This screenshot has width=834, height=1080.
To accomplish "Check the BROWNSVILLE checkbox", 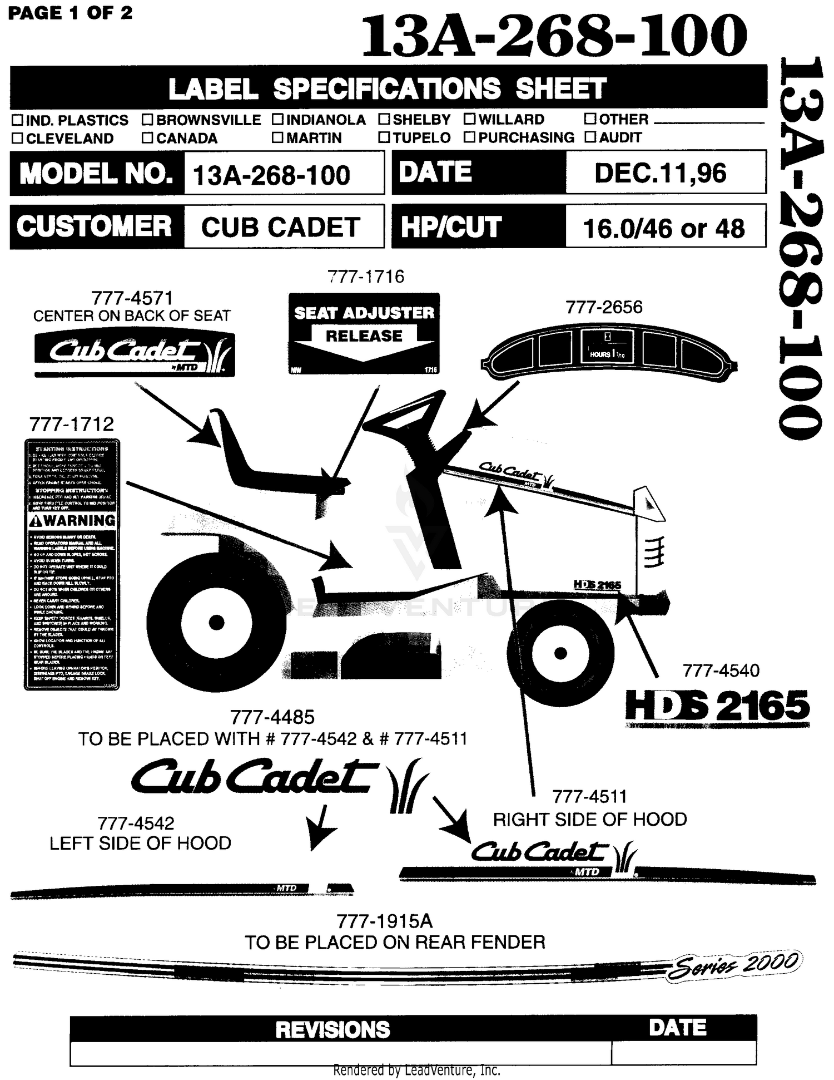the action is click(147, 120).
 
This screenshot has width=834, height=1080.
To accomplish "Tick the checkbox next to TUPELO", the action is click(384, 137).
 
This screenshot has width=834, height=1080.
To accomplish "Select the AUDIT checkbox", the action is click(590, 137).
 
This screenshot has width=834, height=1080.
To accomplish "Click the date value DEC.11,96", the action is click(660, 173).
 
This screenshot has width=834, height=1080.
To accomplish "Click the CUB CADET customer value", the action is click(281, 227).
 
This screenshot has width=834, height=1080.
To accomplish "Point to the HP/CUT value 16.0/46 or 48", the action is click(663, 228).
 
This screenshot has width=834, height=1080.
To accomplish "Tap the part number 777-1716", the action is click(365, 277).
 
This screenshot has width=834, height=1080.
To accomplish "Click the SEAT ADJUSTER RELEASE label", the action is click(364, 333).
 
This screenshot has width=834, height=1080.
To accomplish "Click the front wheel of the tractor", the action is click(561, 652).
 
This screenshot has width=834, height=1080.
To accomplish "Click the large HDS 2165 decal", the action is click(717, 706).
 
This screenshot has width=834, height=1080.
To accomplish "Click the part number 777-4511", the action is click(589, 797).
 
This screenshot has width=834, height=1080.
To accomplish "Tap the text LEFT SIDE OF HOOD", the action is click(140, 843).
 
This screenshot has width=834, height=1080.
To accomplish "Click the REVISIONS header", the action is click(332, 1029).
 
